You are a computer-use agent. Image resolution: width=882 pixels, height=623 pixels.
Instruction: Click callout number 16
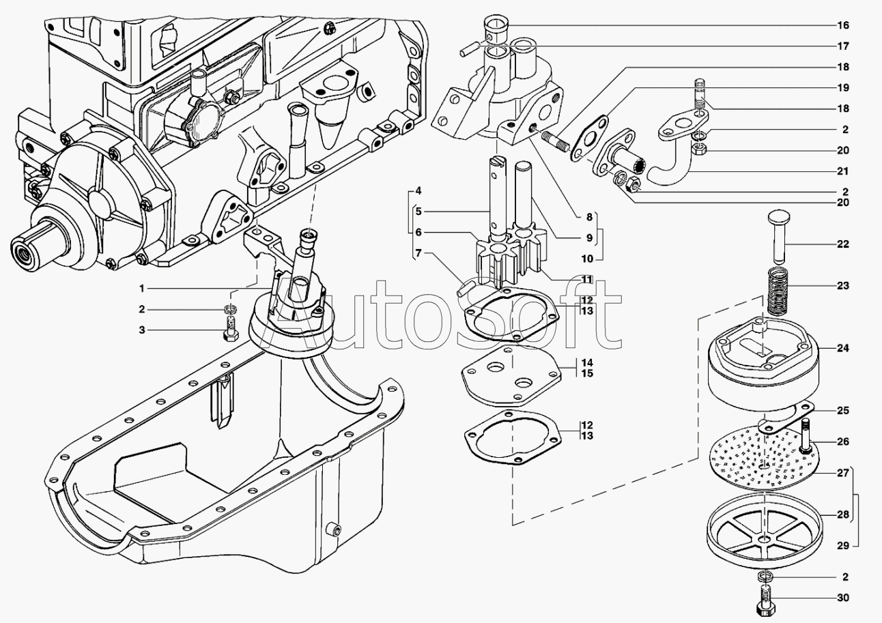click(x=843, y=25)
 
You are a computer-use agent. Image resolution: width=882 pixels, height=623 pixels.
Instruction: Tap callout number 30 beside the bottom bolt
click(x=843, y=598)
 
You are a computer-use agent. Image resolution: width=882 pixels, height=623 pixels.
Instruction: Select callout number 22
click(x=843, y=244)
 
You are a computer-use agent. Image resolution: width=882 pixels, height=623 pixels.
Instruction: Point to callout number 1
click(x=141, y=287)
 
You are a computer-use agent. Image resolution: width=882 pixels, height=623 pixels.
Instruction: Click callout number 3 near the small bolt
click(x=141, y=330)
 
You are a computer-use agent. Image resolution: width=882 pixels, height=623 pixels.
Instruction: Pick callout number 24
click(x=843, y=348)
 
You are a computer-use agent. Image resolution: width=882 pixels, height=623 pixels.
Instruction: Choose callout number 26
click(x=843, y=441)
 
